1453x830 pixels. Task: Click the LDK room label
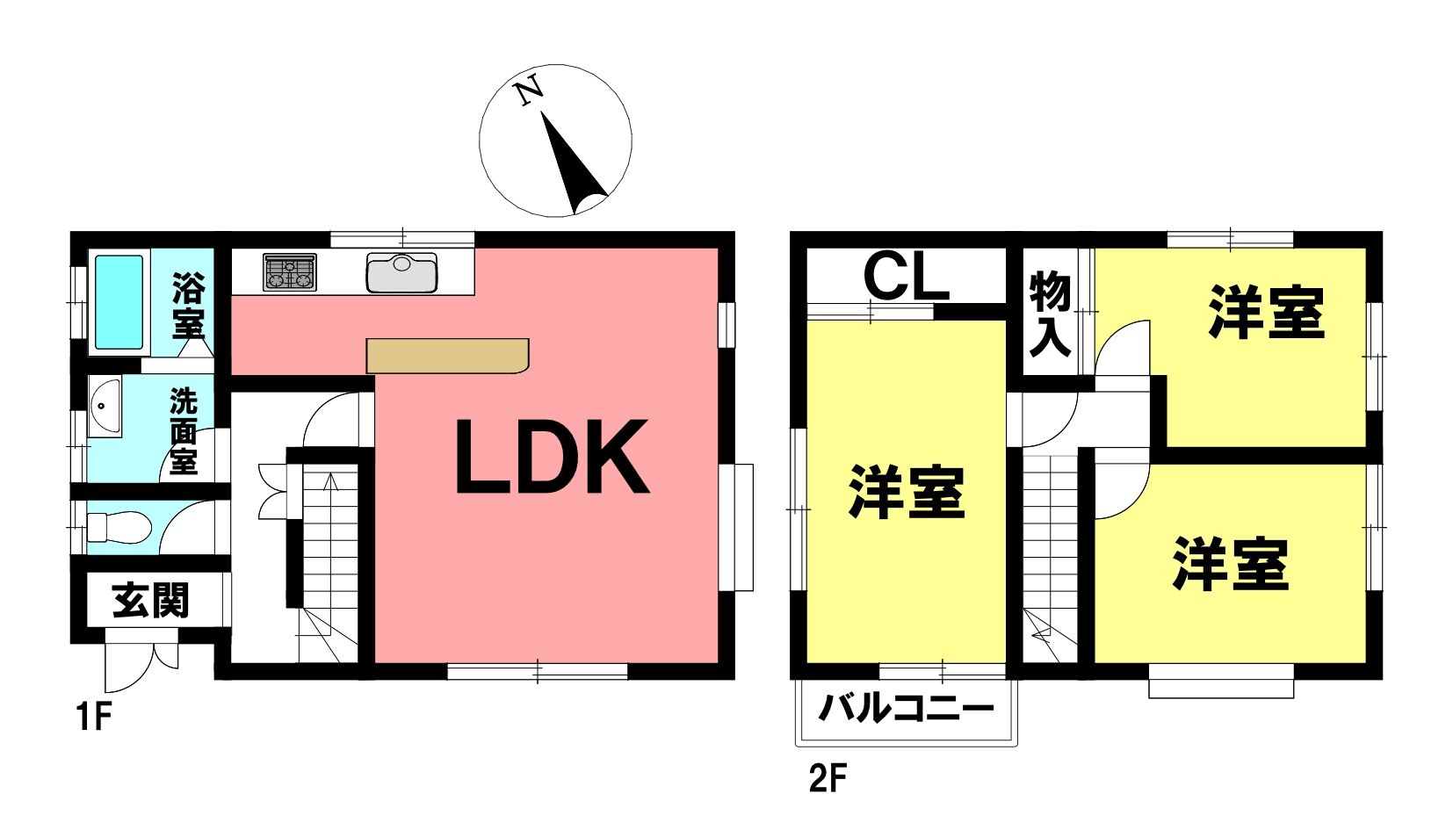tap(553, 457)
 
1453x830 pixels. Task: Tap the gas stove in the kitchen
tap(289, 271)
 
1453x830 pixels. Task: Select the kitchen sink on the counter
tap(401, 272)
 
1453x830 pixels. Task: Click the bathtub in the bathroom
tap(119, 302)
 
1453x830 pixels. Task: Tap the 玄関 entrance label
tap(151, 601)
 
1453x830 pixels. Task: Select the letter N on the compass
tap(528, 90)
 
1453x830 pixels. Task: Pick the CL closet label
tap(907, 276)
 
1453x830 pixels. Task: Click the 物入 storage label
tap(1051, 314)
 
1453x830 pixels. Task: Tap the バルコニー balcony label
tap(907, 707)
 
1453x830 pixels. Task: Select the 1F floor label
tap(94, 717)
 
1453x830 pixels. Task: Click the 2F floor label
tap(828, 778)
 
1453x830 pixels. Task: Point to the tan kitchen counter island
tap(448, 356)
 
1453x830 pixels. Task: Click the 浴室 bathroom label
tap(188, 306)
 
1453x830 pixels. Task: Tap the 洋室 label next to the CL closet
tap(907, 492)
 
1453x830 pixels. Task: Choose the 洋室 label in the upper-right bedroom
tap(1266, 312)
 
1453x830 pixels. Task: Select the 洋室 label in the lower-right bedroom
tap(1231, 563)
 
